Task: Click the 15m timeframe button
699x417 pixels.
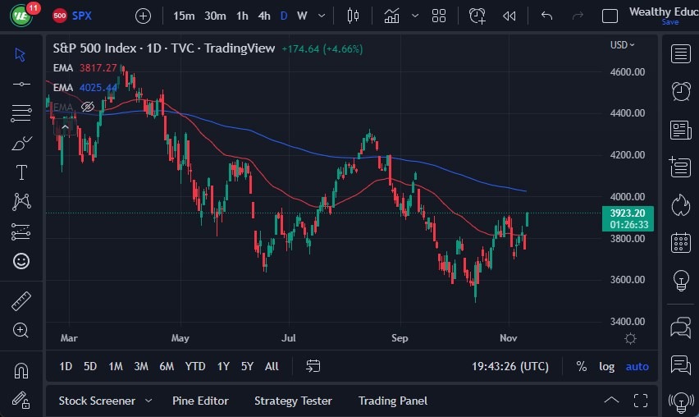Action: pos(184,16)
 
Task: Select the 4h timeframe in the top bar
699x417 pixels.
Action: pos(263,16)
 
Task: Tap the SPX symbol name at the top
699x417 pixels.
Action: pos(82,16)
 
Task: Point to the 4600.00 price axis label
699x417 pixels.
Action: pos(628,72)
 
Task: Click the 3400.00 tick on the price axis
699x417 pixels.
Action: pos(628,322)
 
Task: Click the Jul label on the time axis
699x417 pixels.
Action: pos(288,337)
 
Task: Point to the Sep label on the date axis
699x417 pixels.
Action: pos(400,337)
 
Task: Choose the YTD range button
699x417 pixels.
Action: pos(195,366)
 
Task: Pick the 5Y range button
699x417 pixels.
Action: pos(247,366)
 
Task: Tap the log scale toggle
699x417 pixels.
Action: pos(606,366)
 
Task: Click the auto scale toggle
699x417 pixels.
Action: pos(637,366)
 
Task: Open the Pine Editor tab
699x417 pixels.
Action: pos(200,401)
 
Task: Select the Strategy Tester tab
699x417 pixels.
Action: pos(293,401)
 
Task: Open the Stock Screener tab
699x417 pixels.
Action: pos(97,401)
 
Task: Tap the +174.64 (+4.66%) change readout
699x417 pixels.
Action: pos(322,48)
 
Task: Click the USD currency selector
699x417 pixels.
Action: pos(623,45)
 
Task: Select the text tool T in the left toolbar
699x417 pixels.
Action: pos(22,172)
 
